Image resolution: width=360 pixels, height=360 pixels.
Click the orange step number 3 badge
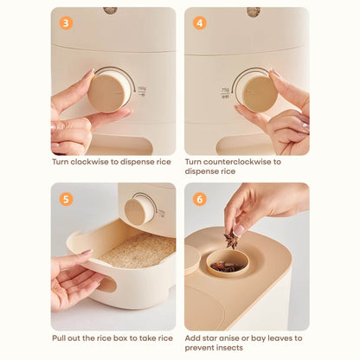click(x=66, y=23)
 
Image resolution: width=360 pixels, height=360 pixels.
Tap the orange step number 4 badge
click(x=200, y=23)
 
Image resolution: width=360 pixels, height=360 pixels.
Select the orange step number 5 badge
click(x=66, y=199)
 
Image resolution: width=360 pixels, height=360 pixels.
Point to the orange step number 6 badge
click(x=200, y=199)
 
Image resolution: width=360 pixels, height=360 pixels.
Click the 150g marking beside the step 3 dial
click(x=142, y=88)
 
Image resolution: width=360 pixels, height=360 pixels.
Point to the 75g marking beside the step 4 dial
click(x=225, y=90)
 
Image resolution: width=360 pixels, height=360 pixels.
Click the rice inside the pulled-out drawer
click(x=138, y=250)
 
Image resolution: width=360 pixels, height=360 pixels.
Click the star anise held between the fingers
click(x=231, y=240)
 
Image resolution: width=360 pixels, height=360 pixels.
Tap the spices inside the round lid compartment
click(x=226, y=267)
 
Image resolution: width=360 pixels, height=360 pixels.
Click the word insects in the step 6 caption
click(x=228, y=348)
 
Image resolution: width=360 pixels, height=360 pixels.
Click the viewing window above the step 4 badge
click(x=254, y=11)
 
